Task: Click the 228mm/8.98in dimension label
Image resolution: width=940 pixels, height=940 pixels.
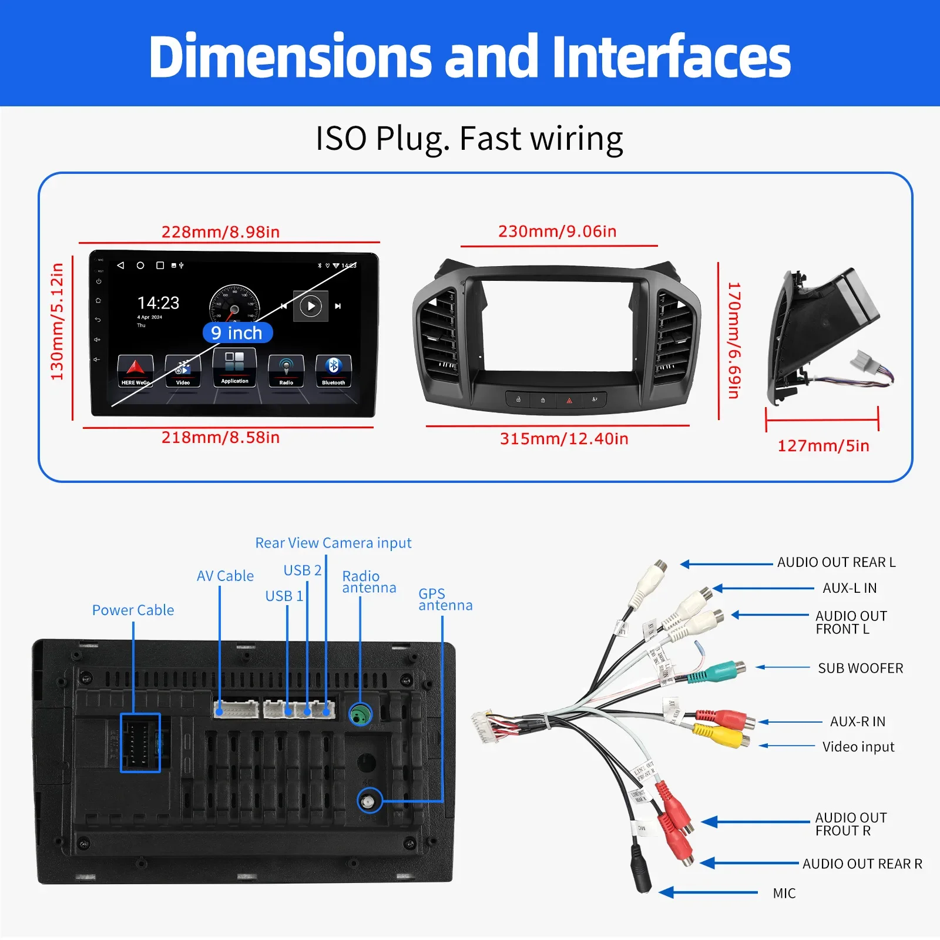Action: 220,231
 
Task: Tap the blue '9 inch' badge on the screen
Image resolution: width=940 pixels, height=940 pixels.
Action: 237,333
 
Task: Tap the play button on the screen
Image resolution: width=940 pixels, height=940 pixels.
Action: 311,305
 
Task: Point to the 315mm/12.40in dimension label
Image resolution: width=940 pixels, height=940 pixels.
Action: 564,438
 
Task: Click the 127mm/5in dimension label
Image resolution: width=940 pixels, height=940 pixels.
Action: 823,445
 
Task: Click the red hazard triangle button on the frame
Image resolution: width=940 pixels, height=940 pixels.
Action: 569,400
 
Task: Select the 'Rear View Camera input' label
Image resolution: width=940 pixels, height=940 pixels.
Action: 333,543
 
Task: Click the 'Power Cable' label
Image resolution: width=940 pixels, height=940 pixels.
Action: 133,610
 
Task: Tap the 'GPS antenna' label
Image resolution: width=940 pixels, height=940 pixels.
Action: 445,599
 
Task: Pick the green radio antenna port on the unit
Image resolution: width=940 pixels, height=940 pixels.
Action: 360,714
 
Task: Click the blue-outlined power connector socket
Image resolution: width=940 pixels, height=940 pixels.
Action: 140,743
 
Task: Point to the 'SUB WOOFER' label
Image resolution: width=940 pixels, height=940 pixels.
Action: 860,668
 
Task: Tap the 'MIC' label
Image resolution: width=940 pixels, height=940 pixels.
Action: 784,893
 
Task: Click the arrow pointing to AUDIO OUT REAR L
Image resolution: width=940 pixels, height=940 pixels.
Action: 726,564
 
